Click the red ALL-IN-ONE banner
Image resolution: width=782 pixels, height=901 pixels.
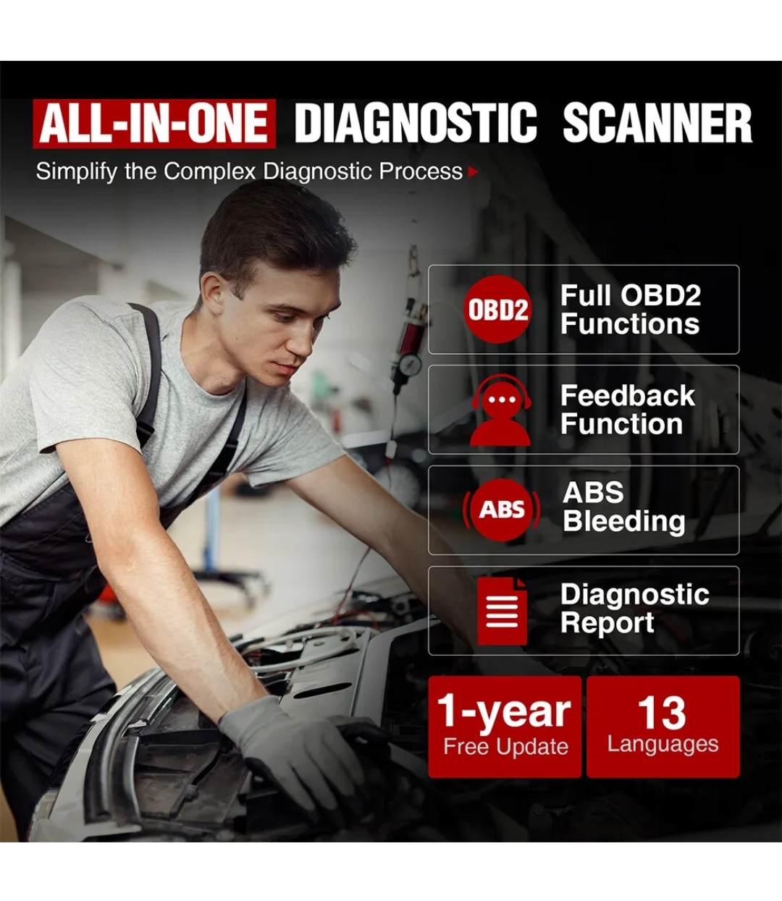click(x=154, y=124)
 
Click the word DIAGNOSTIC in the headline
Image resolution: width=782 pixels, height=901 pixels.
click(x=416, y=123)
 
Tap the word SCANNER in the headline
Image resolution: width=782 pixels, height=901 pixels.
click(x=657, y=123)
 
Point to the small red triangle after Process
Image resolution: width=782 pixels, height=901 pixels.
click(x=473, y=172)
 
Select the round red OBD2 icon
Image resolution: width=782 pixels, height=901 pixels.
click(x=497, y=309)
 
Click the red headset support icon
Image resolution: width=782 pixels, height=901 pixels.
click(x=501, y=410)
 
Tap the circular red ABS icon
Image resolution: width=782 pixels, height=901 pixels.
click(x=501, y=510)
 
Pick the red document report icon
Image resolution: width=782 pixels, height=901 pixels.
click(x=502, y=612)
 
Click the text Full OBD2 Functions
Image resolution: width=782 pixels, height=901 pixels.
click(x=630, y=309)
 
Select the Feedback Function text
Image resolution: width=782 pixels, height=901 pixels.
click(x=627, y=410)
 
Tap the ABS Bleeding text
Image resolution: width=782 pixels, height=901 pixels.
click(x=623, y=508)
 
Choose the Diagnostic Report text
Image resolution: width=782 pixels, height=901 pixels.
click(x=634, y=608)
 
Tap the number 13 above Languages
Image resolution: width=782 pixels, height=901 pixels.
click(x=662, y=713)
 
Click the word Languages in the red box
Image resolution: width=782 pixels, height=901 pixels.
click(x=663, y=744)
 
